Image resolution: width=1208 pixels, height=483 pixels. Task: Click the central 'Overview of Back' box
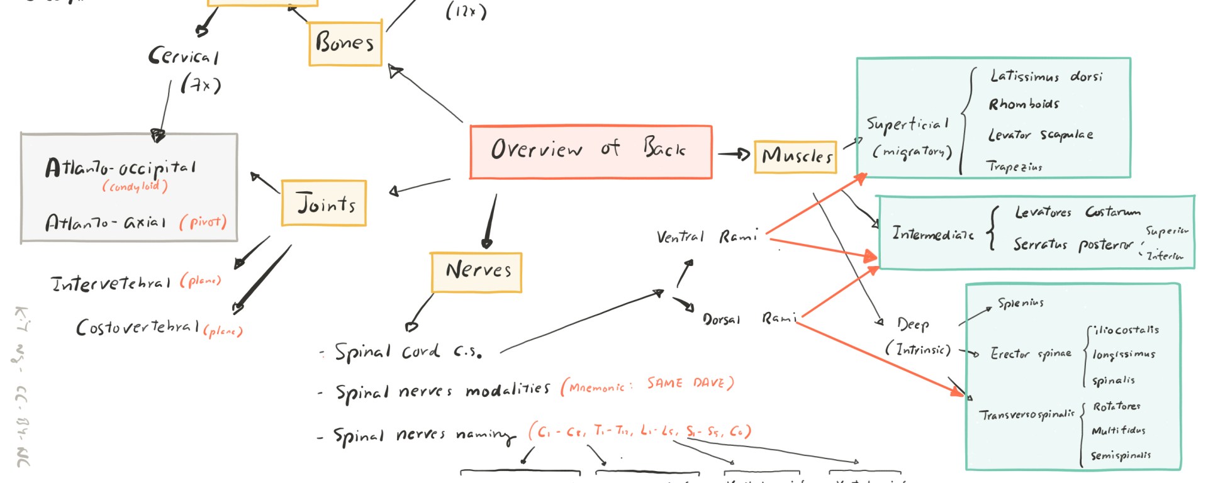point(590,152)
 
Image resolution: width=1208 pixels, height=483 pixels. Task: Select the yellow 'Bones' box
point(345,43)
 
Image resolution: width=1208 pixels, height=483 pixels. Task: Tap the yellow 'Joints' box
point(324,203)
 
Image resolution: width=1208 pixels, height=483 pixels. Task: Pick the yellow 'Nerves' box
point(476,272)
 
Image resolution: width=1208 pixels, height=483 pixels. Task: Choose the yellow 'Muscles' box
point(795,156)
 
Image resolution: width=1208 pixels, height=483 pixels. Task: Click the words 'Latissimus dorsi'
point(1046,77)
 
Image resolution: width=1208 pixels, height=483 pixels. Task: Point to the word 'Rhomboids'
point(1024,104)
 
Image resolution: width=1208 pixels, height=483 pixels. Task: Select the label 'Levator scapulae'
point(1040,135)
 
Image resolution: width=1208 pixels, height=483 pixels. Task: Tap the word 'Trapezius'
point(1014,167)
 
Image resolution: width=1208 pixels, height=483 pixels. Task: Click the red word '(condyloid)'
point(135,187)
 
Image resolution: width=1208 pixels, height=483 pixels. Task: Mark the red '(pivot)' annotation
point(203,222)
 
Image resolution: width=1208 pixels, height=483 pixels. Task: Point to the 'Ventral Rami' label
point(706,237)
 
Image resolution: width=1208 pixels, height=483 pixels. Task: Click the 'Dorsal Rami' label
point(749,319)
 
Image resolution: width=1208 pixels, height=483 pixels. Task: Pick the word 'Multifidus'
point(1118,431)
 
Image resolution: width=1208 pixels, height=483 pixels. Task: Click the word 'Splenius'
point(1020,304)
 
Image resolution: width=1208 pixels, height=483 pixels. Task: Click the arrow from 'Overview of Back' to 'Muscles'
point(734,154)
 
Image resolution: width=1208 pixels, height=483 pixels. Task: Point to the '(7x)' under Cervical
point(201,84)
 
